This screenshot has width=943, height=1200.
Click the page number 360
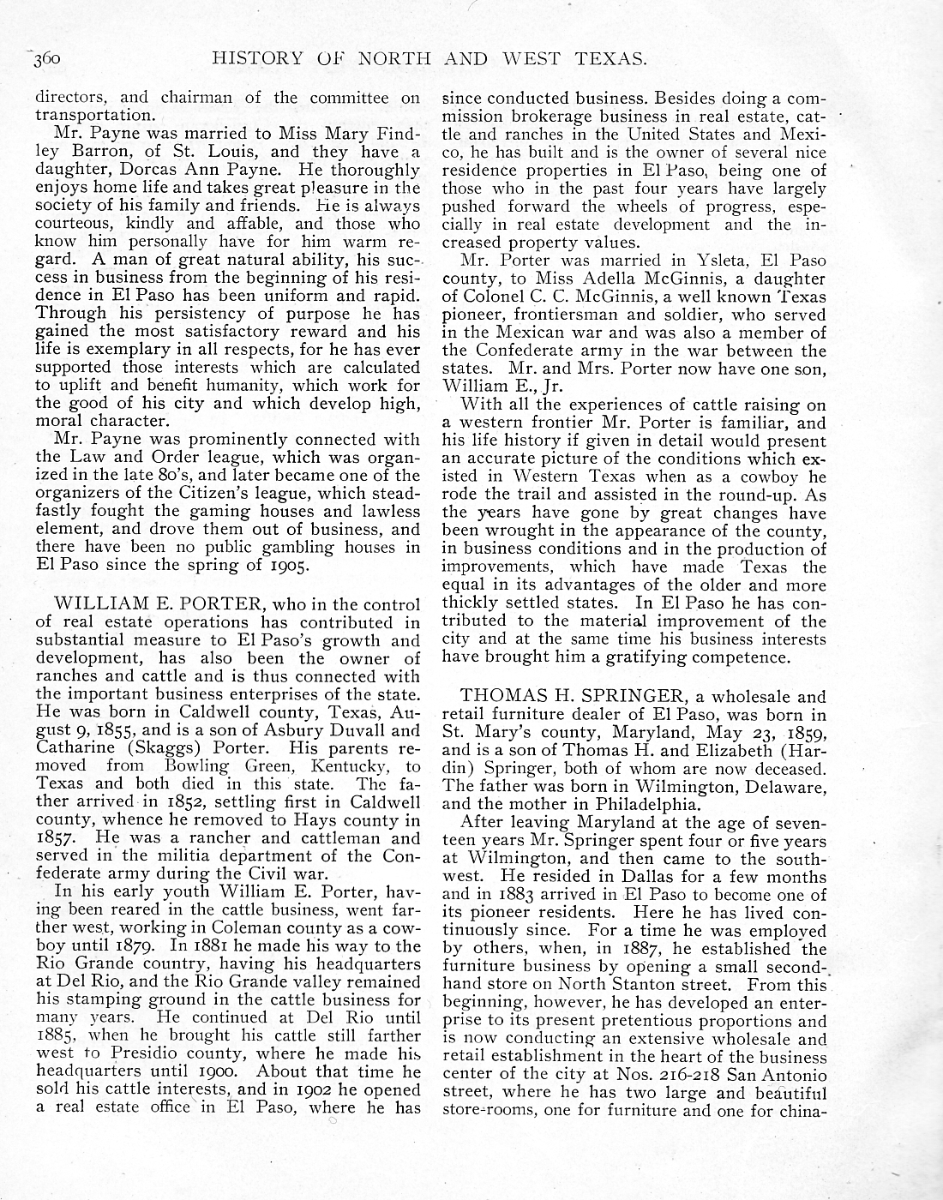[44, 60]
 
